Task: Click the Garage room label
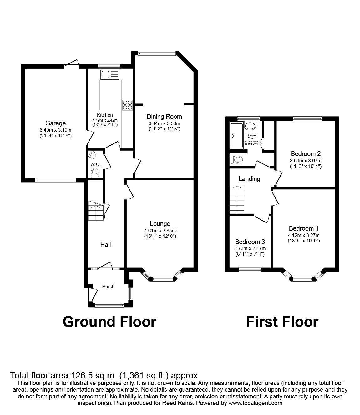(55, 123)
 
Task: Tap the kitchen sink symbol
(109, 75)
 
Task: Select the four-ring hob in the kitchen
(127, 105)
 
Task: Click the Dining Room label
(164, 117)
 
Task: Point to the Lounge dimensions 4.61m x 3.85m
(160, 231)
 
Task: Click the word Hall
(105, 245)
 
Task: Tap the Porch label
(108, 286)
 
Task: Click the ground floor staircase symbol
(95, 211)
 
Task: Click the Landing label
(249, 179)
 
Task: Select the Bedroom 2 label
(306, 154)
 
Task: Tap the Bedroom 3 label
(250, 242)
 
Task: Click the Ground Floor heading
(109, 322)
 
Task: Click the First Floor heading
(282, 322)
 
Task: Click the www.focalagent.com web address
(255, 403)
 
